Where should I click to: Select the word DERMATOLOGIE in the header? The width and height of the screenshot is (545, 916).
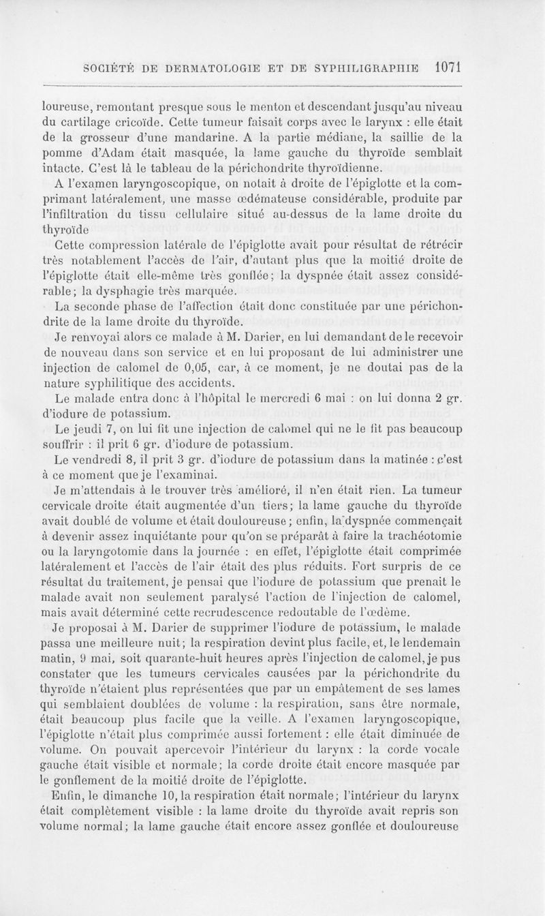pyautogui.click(x=213, y=68)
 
